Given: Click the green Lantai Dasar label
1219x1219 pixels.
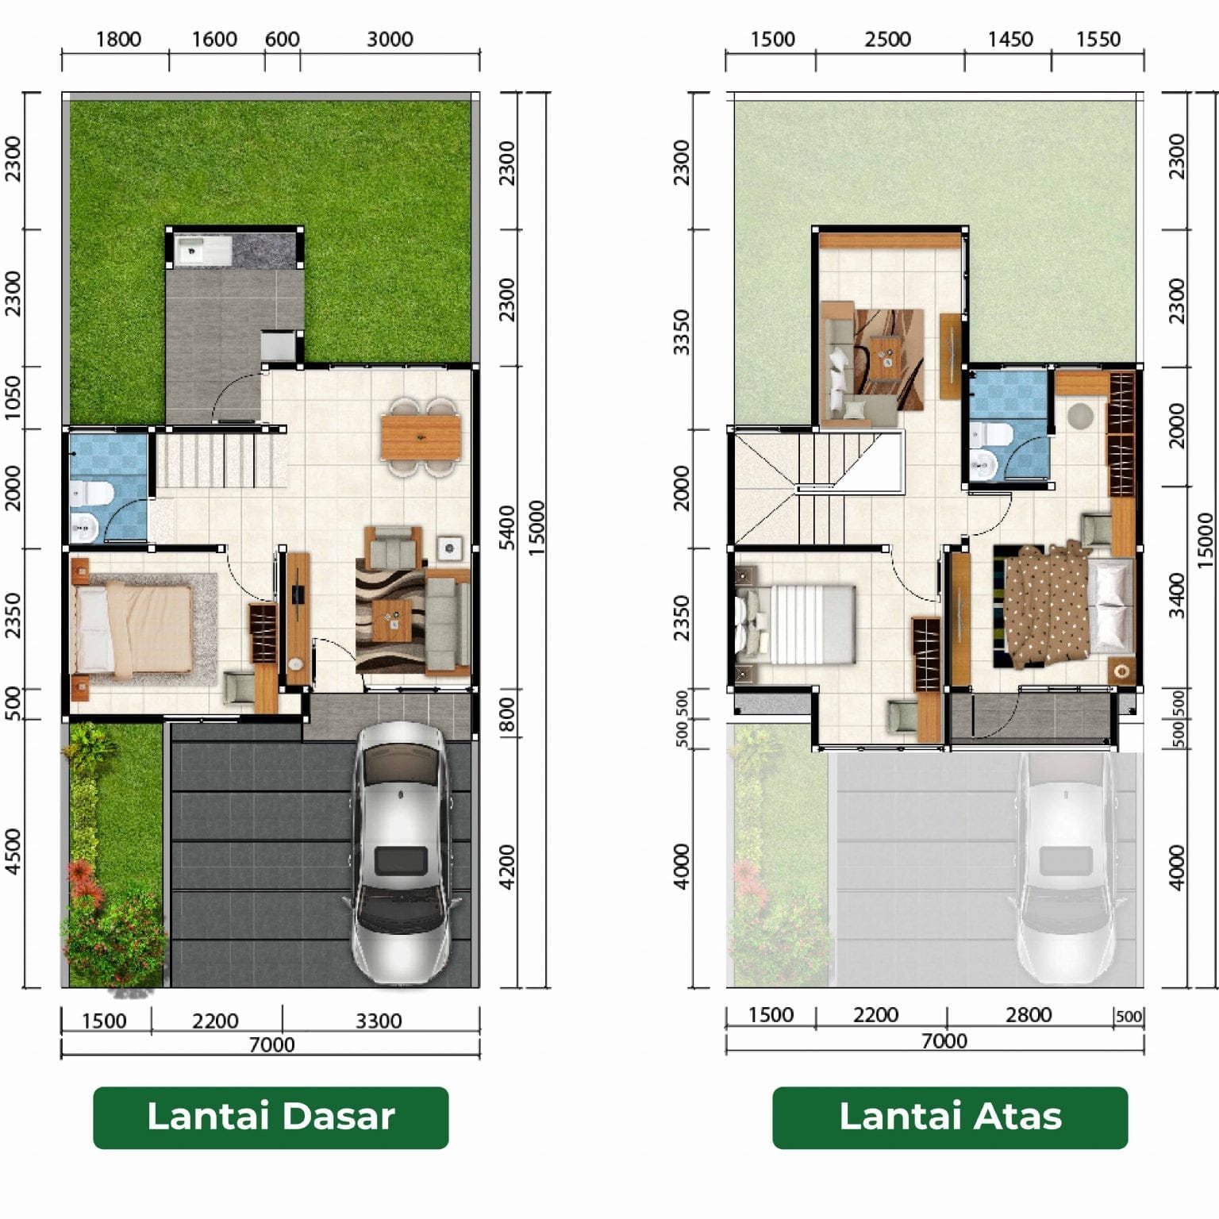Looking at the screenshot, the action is [x=271, y=1117].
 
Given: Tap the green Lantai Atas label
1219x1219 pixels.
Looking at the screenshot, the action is [x=950, y=1117].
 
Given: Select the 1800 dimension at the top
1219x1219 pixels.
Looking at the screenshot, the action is [x=118, y=39].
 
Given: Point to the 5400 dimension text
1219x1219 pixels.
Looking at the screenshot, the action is [x=508, y=527].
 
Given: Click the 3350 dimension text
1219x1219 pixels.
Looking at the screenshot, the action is [x=682, y=332].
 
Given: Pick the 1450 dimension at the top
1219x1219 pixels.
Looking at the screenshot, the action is [x=1009, y=39].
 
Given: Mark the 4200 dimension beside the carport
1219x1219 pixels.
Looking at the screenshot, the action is [x=508, y=867].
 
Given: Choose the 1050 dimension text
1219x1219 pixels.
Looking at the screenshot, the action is [x=13, y=398].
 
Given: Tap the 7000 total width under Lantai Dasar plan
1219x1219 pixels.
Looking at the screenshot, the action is [x=271, y=1044].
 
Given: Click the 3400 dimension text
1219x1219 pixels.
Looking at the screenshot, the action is [x=1177, y=595].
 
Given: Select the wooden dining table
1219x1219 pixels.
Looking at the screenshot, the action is [x=421, y=437].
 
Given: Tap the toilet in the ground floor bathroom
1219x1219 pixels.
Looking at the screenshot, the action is [x=89, y=494].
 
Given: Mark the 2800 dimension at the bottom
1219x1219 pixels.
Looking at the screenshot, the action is [x=1029, y=1015].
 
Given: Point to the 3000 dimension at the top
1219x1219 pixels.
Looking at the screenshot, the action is [x=390, y=39].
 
